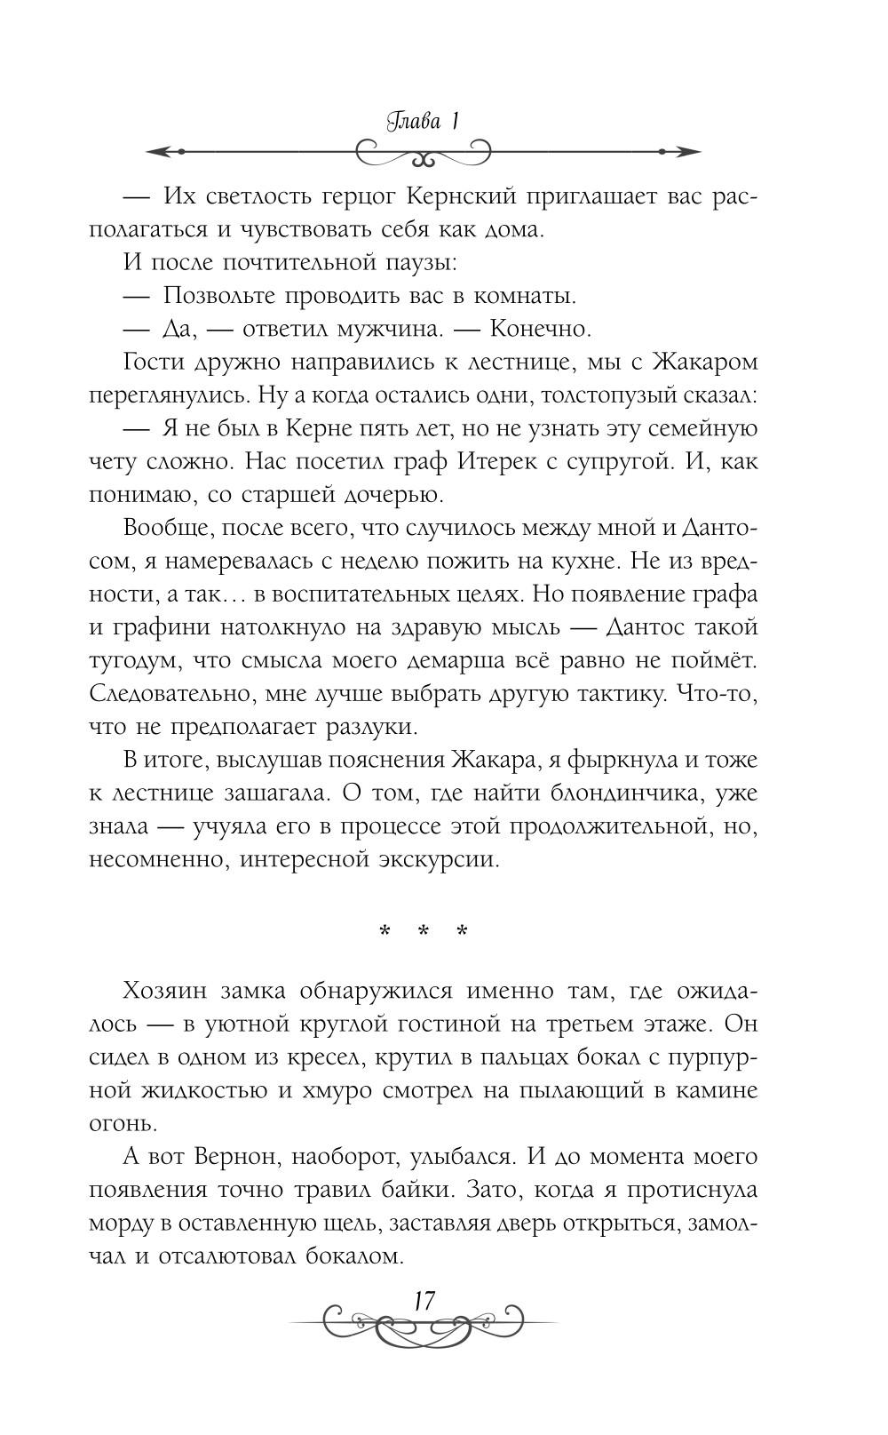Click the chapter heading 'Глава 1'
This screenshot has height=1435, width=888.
(423, 123)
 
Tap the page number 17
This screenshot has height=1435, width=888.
(423, 1302)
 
